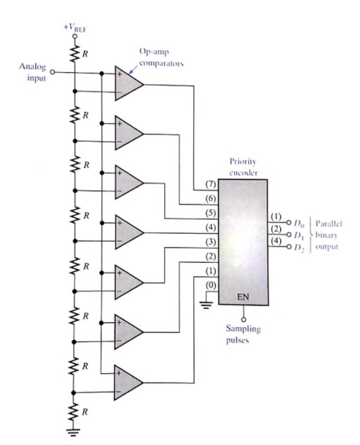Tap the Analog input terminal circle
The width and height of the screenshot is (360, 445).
click(x=54, y=73)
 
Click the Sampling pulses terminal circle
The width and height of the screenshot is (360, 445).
click(x=243, y=319)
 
